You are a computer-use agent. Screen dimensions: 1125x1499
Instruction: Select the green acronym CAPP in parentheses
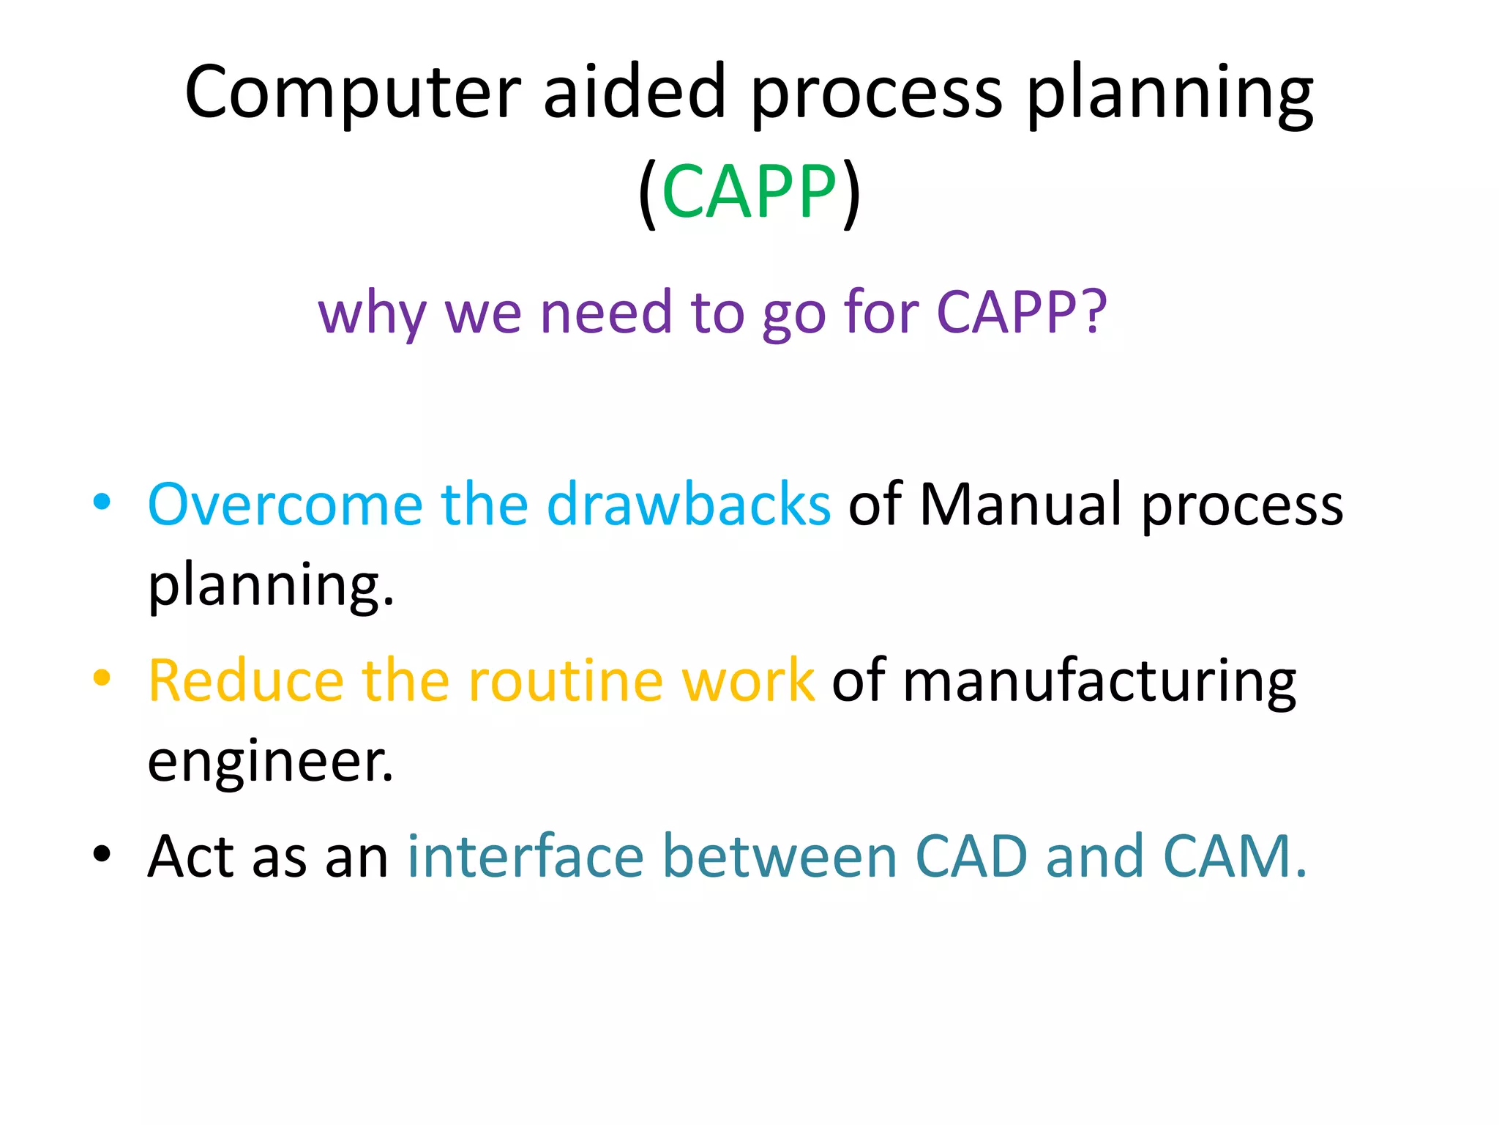click(749, 192)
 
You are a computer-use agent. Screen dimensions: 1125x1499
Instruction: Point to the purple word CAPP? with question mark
click(1022, 312)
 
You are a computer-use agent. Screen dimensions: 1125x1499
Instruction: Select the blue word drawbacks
click(688, 505)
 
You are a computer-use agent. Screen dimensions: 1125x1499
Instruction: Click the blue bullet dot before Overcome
click(102, 502)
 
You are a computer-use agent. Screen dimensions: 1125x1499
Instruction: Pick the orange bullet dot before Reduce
click(102, 678)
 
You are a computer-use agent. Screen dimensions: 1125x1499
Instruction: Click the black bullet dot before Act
click(102, 854)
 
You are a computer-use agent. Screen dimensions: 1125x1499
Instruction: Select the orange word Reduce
click(246, 681)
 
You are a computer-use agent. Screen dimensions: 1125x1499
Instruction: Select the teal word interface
click(526, 856)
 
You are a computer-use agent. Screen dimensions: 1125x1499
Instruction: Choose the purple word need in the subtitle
click(605, 312)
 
